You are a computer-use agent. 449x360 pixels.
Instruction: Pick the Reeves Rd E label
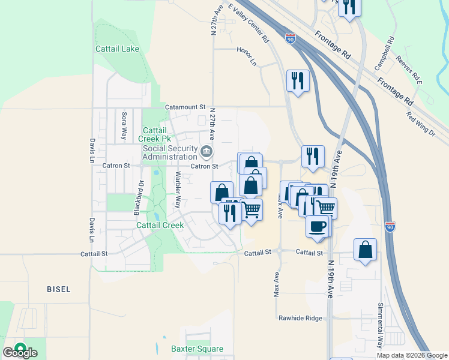(409, 70)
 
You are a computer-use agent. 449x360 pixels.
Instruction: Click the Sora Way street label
(124, 125)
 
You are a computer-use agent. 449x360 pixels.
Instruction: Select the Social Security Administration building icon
(206, 151)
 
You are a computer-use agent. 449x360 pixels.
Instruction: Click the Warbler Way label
(178, 190)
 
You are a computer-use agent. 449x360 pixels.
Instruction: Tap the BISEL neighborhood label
(58, 289)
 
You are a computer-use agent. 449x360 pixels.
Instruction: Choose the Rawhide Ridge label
(300, 318)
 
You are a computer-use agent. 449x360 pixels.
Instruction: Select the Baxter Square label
(197, 349)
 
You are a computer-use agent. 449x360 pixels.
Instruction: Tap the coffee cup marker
(318, 226)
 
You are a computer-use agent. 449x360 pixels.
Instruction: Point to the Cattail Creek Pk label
(155, 134)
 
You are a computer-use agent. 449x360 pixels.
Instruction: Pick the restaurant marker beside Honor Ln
(298, 80)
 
